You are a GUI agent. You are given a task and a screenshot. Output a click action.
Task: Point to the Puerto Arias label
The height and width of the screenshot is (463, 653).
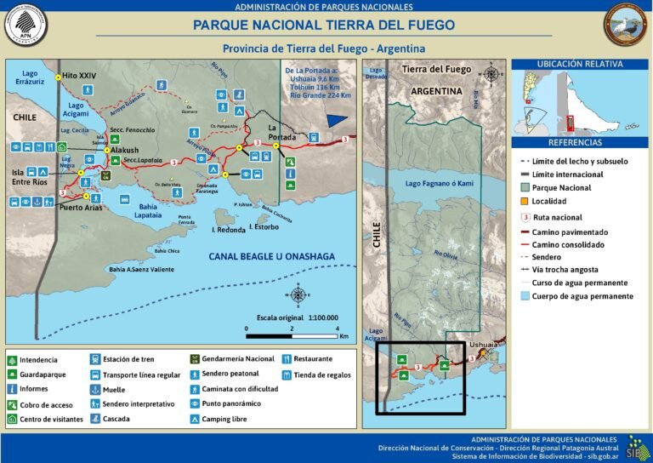click(82, 207)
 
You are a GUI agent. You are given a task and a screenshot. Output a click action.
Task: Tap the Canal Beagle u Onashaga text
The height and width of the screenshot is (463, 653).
click(271, 256)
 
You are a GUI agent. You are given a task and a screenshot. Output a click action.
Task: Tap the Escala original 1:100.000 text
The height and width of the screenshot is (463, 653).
click(291, 317)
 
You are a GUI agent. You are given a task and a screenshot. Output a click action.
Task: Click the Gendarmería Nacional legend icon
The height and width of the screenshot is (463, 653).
click(195, 359)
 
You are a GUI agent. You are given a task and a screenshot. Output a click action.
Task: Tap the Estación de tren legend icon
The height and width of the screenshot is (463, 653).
click(94, 359)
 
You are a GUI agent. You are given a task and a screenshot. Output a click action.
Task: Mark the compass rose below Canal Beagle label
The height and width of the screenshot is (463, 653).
click(298, 295)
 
